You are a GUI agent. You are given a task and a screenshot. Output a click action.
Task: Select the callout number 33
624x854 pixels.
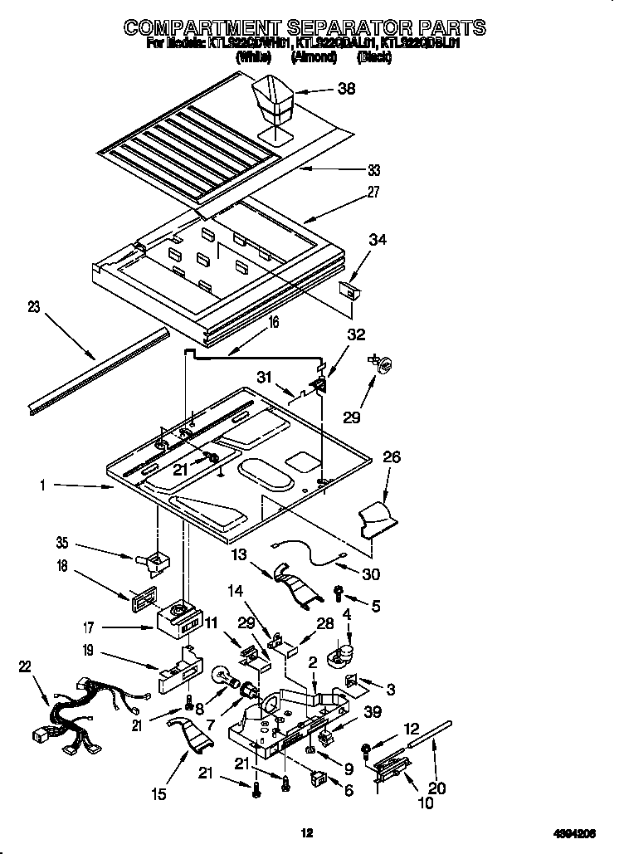click(374, 171)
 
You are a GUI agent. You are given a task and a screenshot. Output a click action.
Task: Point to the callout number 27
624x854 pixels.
click(373, 192)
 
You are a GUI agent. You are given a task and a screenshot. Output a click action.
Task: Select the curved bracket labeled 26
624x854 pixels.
click(378, 520)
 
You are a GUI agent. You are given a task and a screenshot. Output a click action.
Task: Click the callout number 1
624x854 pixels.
click(42, 486)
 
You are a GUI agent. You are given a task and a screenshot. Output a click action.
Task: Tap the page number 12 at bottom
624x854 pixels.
click(307, 832)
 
